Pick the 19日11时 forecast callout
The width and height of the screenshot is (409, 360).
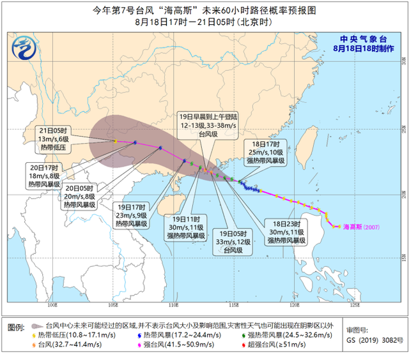click(x=187, y=226)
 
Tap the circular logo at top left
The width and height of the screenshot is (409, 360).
click(x=25, y=46)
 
